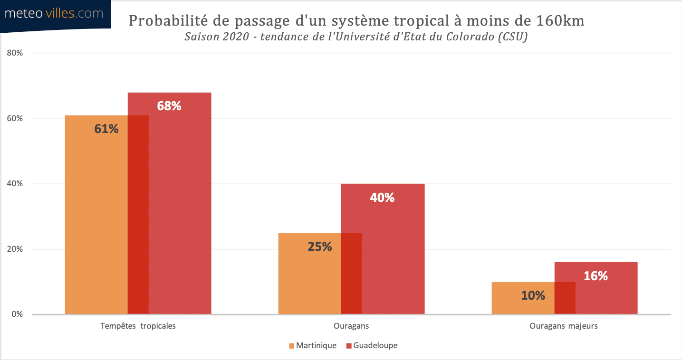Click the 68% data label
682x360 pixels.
(x=169, y=106)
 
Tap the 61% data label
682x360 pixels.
(x=106, y=129)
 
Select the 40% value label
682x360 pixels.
(x=382, y=198)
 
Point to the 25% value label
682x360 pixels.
(x=319, y=246)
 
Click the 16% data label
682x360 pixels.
(x=596, y=276)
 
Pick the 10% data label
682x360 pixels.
(x=533, y=295)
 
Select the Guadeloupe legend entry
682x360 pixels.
(x=372, y=345)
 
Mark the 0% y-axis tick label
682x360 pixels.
(x=17, y=314)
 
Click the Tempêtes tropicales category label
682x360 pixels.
(x=138, y=326)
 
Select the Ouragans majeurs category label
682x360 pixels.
(x=564, y=326)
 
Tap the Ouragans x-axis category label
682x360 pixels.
(x=351, y=326)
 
